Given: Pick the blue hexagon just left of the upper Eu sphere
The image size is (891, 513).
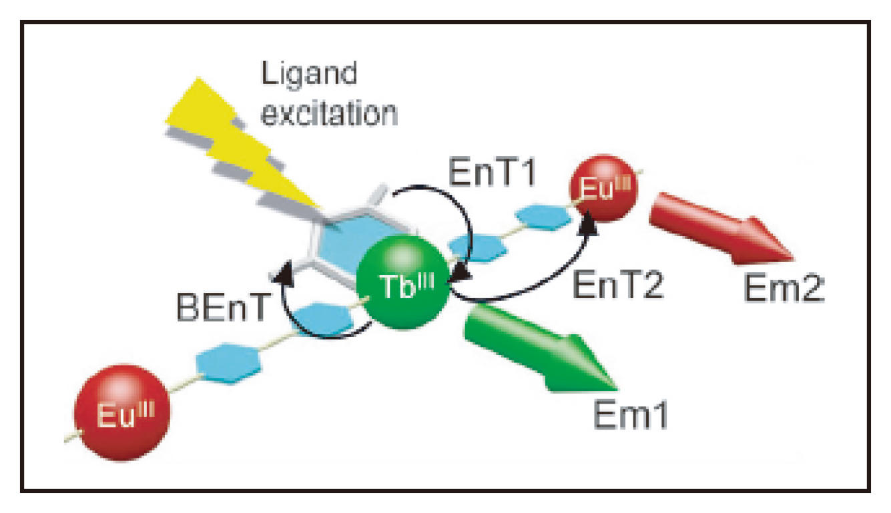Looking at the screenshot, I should (543, 217).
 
